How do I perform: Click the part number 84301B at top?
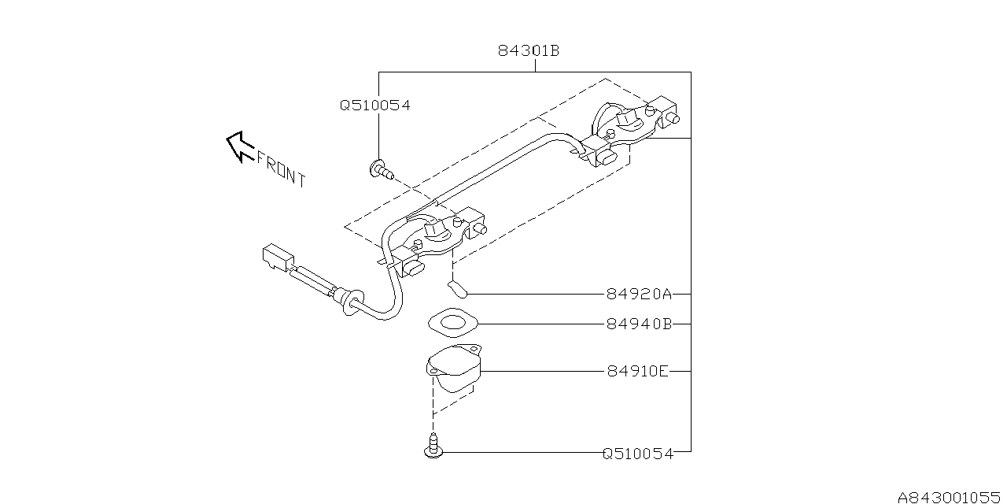(x=528, y=51)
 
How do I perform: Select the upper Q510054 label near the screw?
(x=374, y=105)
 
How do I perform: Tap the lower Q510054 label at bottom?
(x=638, y=454)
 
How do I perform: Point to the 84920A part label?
(x=639, y=295)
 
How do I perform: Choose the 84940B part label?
(x=639, y=324)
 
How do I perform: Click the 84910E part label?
(x=637, y=371)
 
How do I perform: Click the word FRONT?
(x=281, y=169)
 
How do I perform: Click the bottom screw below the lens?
(x=433, y=447)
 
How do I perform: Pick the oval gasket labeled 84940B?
(x=454, y=323)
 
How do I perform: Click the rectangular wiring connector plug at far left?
(x=276, y=258)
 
